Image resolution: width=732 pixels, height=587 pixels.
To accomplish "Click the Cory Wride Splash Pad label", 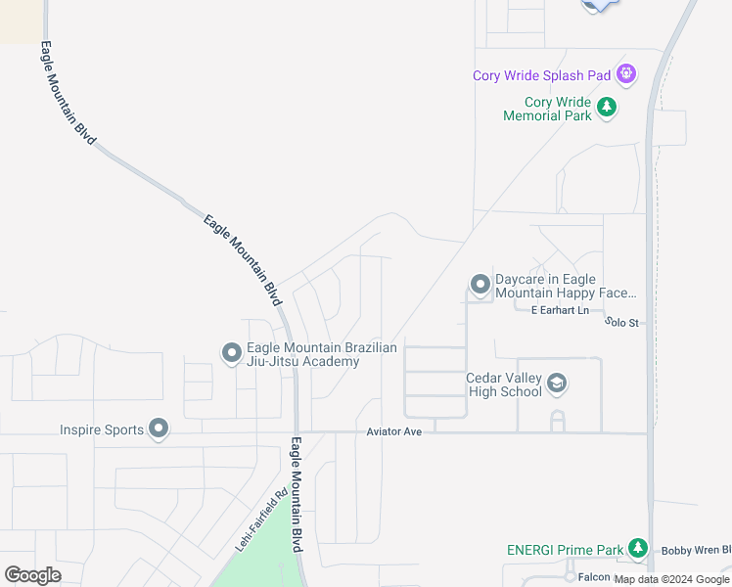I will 541,75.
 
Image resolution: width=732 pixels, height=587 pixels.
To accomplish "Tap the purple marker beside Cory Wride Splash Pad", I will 626,73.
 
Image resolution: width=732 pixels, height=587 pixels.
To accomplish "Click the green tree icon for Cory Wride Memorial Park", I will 607,107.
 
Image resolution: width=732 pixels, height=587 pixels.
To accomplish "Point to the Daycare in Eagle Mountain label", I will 566,286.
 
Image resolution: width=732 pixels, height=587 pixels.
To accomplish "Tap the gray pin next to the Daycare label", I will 480,285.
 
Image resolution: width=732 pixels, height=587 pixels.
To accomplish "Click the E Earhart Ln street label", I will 560,311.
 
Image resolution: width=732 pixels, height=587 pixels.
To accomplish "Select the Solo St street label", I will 620,322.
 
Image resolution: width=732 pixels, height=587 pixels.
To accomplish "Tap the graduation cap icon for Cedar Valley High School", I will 557,384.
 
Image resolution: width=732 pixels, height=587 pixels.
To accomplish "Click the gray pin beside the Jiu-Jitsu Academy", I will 231,352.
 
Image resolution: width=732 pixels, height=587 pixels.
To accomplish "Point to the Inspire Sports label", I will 101,429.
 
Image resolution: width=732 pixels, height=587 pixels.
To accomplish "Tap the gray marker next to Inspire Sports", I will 159,429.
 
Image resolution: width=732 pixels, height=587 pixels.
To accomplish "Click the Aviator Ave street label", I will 393,431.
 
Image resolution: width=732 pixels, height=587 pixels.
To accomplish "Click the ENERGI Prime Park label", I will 564,550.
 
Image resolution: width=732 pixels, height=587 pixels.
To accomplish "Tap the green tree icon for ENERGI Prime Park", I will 638,549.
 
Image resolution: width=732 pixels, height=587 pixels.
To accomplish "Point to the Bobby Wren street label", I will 696,550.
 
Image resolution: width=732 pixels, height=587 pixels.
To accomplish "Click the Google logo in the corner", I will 32,575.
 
